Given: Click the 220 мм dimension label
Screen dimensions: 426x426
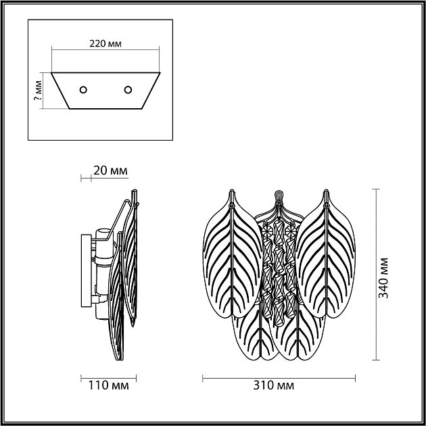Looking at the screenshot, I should [x=105, y=43].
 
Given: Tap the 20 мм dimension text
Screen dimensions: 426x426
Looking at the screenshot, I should [x=110, y=170].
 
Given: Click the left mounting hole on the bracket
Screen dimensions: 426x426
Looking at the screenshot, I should [x=84, y=89].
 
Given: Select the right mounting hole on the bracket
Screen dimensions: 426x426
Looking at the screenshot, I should [x=127, y=89].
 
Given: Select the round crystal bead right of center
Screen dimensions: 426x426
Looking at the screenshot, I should [x=291, y=229].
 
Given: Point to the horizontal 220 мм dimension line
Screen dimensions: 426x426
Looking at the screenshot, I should [x=106, y=51].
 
